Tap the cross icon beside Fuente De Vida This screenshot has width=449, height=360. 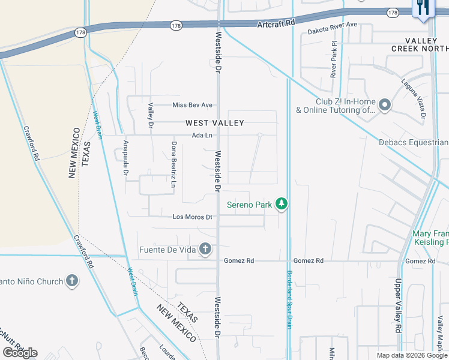205,248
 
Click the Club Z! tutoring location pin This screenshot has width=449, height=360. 385,106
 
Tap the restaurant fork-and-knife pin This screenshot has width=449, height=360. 424,8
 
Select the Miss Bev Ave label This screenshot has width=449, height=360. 193,105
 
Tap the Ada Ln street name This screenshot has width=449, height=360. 202,136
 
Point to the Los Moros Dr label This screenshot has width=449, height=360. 192,217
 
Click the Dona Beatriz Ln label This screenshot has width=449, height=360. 173,164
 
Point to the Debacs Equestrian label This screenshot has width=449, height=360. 414,142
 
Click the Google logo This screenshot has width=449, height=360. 20,353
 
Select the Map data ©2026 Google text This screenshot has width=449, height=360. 411,355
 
